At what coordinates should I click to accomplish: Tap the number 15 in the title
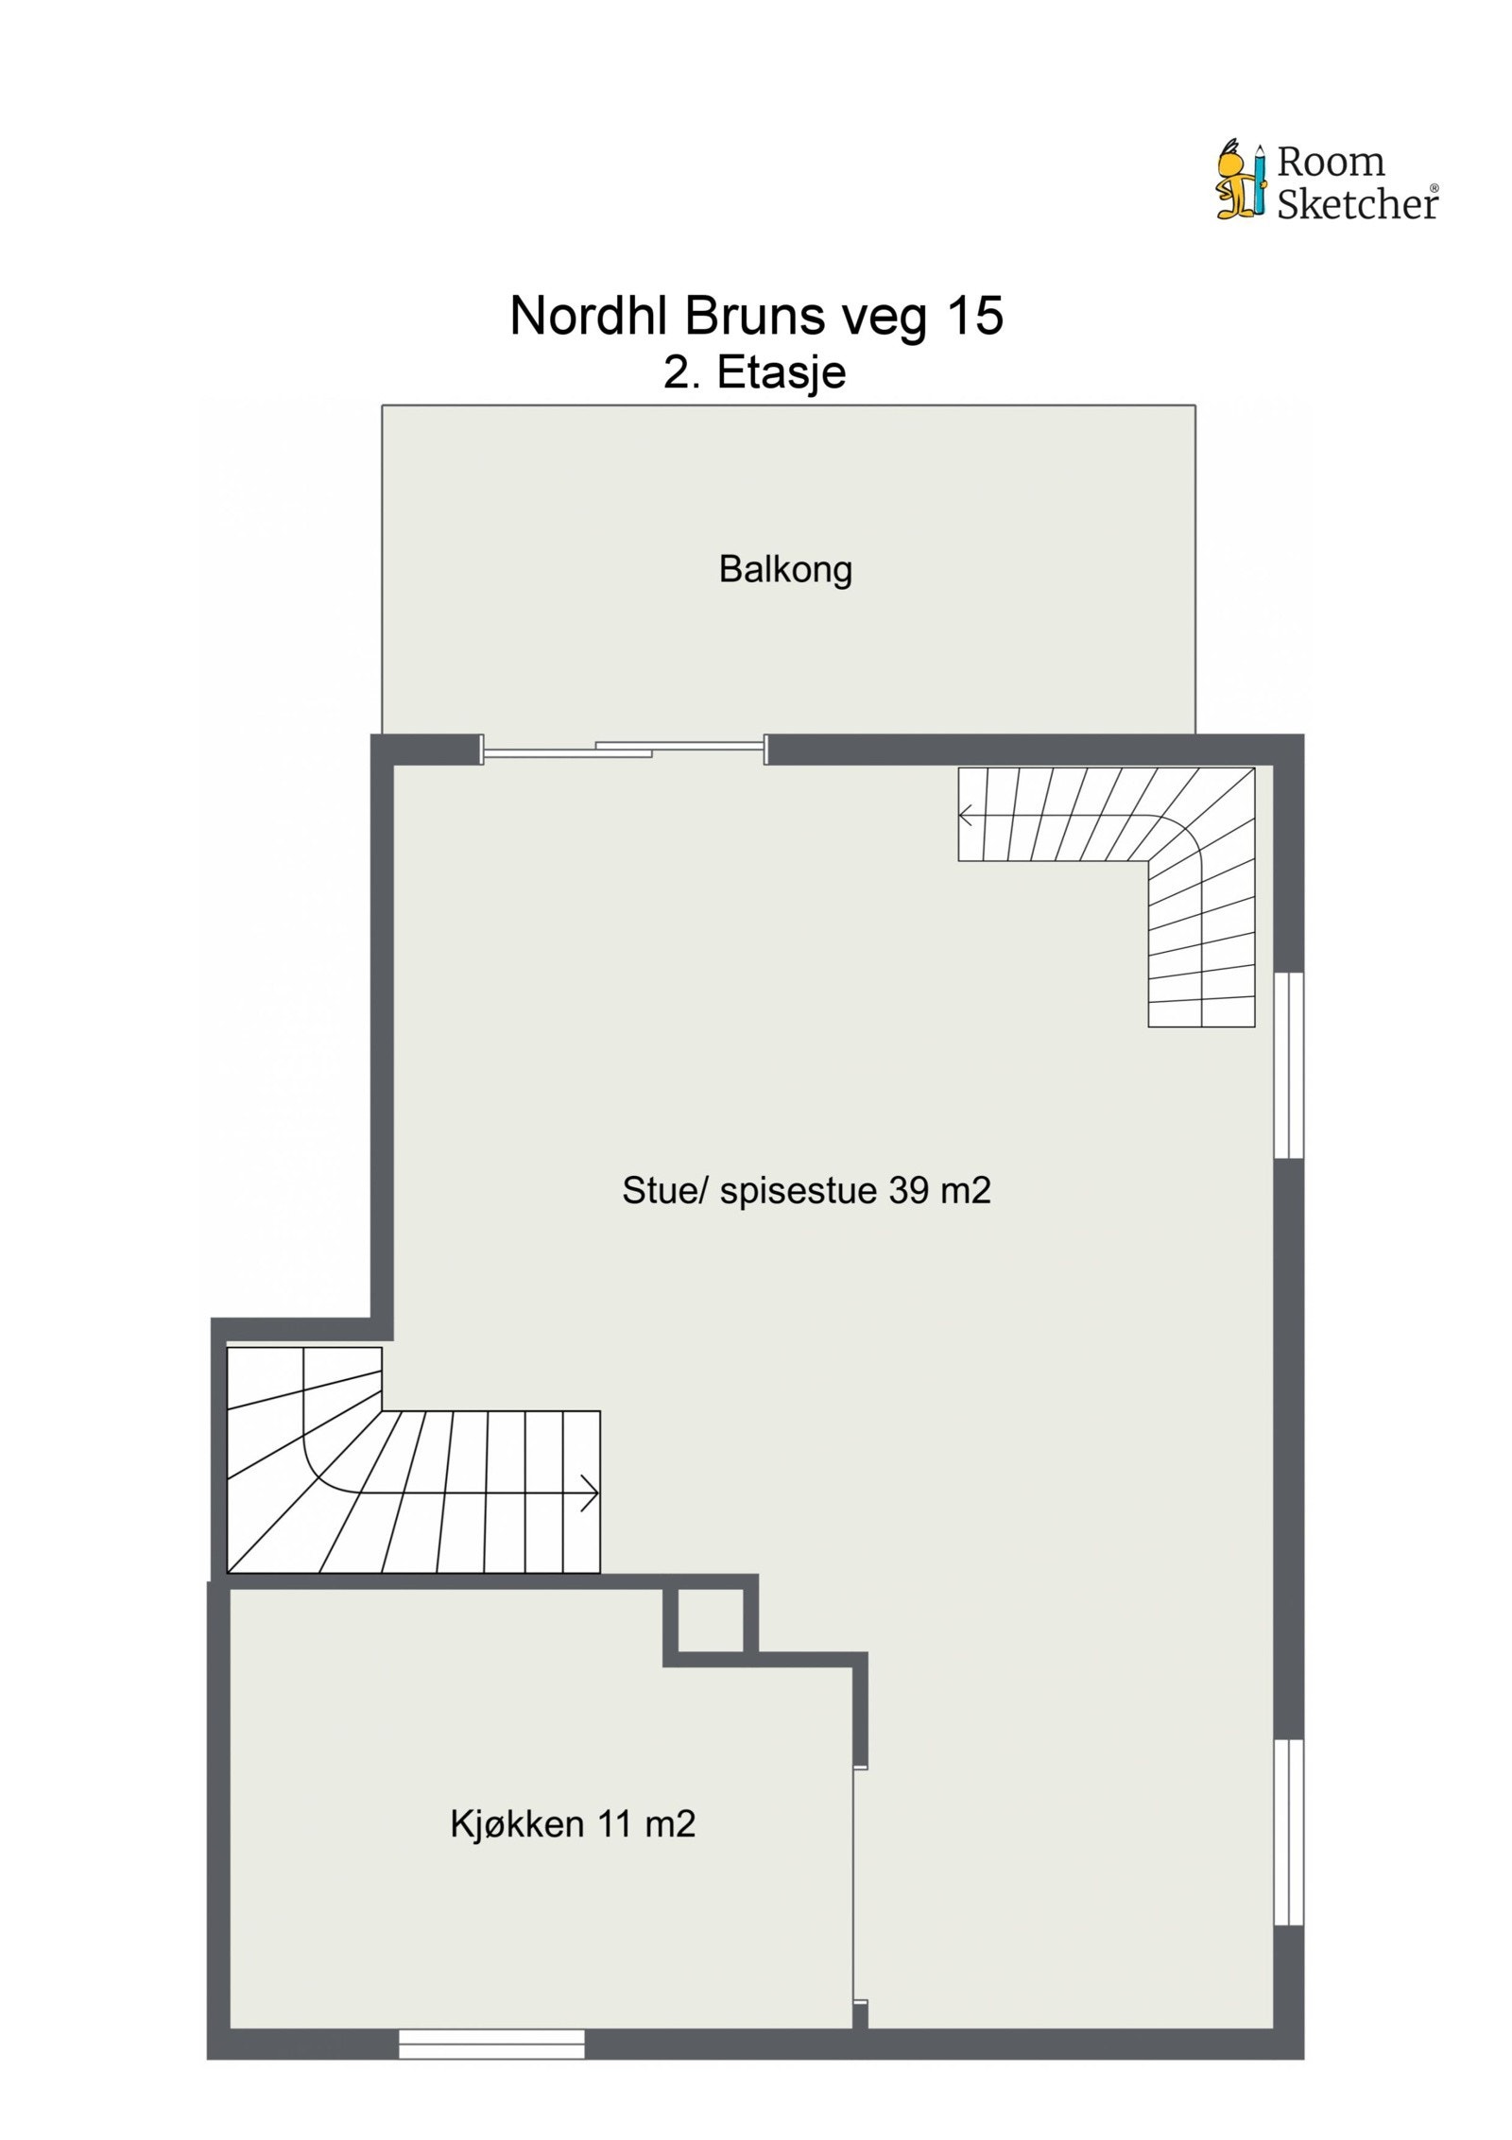974,316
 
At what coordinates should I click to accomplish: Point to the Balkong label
785,569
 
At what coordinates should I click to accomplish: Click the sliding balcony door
624,751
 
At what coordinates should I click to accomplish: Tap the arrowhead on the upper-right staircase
966,814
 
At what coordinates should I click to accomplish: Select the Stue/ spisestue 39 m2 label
806,1190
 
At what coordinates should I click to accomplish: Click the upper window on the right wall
1288,1065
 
